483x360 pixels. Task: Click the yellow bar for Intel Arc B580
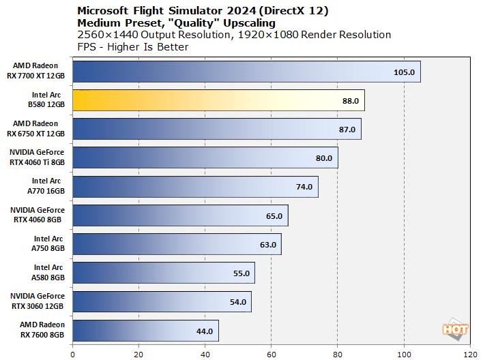(218, 100)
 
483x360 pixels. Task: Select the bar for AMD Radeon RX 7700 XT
(246, 72)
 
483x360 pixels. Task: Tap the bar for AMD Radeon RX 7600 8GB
(145, 331)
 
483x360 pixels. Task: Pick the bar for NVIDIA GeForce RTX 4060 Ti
(205, 157)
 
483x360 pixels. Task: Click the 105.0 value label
(404, 72)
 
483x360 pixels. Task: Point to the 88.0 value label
(350, 100)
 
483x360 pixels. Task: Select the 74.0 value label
(304, 187)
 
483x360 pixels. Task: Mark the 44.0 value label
(205, 331)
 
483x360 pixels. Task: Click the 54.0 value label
(237, 302)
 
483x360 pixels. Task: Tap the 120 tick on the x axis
(470, 354)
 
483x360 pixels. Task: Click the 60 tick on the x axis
(272, 354)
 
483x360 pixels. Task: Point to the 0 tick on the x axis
(72, 354)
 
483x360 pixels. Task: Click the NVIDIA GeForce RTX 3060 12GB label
(38, 301)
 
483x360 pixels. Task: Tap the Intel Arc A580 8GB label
(48, 273)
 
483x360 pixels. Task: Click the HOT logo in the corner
(455, 329)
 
